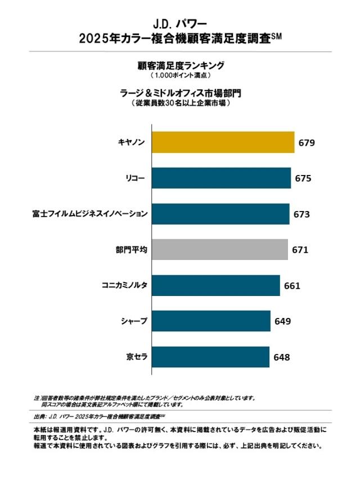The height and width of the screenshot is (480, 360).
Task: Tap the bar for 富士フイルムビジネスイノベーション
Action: click(220, 214)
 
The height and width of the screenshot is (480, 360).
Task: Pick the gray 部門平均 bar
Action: click(220, 249)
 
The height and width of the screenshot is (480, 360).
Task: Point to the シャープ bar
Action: click(211, 321)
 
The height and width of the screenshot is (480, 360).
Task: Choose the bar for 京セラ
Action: click(210, 357)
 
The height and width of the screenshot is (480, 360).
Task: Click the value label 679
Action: click(307, 143)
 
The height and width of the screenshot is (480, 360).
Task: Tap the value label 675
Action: click(303, 178)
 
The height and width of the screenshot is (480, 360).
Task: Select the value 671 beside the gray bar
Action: click(300, 250)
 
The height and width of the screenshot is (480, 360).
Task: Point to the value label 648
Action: click(282, 357)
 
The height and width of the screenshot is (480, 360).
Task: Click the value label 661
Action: click(292, 286)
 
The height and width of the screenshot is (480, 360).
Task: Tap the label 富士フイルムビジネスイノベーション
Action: click(91, 214)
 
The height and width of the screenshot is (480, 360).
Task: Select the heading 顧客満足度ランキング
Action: click(180, 65)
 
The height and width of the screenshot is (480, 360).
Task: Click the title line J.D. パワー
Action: click(180, 24)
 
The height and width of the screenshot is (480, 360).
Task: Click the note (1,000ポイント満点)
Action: click(180, 75)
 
